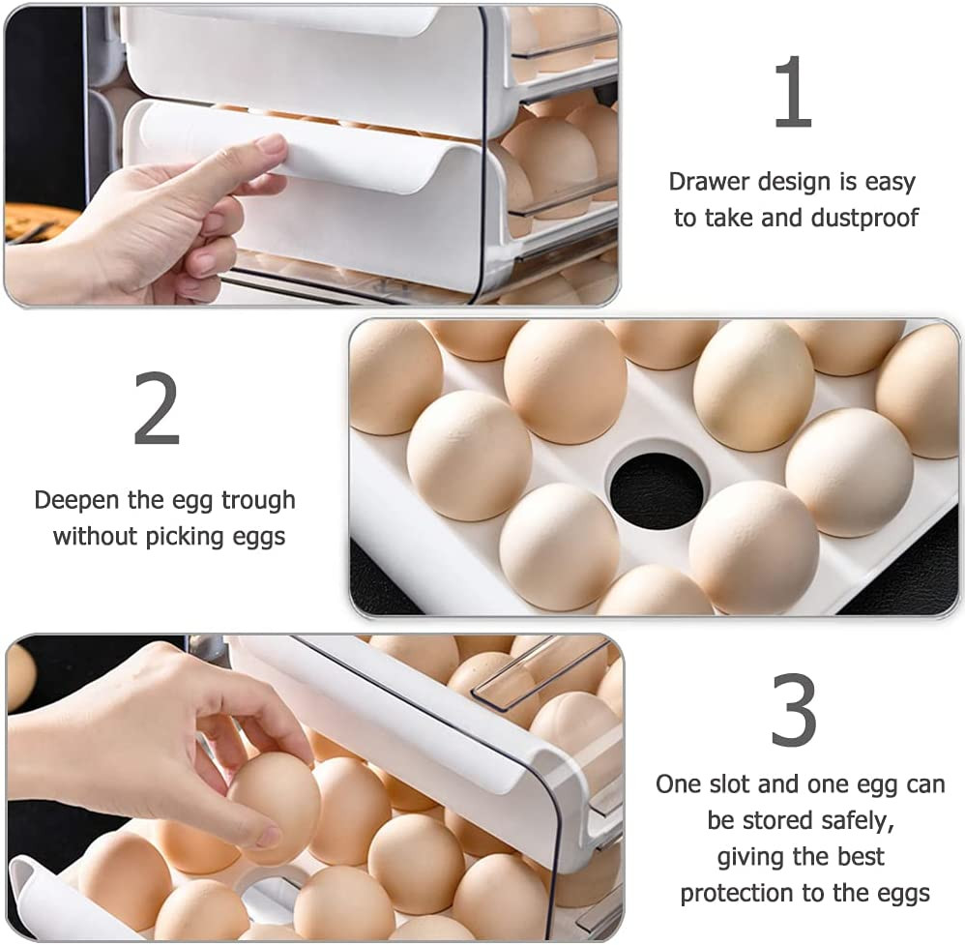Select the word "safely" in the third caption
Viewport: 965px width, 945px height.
tap(855, 820)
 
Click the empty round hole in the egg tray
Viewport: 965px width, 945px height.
tap(657, 489)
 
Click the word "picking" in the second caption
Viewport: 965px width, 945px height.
tap(186, 536)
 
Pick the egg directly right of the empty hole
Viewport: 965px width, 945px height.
tap(848, 471)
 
